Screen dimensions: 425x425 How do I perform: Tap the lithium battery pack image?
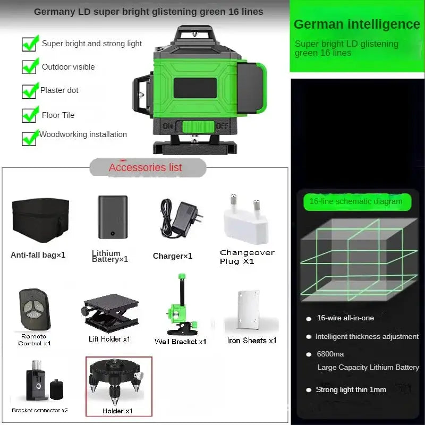[113, 217]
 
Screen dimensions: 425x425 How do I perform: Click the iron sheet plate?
[249, 311]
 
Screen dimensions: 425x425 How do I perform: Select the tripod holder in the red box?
[118, 384]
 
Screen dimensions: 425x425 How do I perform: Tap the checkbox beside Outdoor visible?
[29, 67]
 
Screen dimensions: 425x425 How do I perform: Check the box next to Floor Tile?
[29, 115]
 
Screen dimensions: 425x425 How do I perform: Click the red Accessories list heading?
[145, 167]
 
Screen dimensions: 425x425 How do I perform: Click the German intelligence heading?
[356, 24]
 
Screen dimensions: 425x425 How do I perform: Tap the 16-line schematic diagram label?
[356, 201]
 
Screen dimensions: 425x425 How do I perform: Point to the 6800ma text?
[330, 354]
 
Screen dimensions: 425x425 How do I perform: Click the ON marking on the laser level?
[168, 126]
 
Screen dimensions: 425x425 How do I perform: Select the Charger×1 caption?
[173, 256]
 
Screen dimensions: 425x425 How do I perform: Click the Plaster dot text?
[59, 90]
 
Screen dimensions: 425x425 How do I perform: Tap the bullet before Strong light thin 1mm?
[309, 390]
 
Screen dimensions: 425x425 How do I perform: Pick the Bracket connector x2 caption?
[40, 410]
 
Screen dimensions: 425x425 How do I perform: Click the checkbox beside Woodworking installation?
[29, 138]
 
